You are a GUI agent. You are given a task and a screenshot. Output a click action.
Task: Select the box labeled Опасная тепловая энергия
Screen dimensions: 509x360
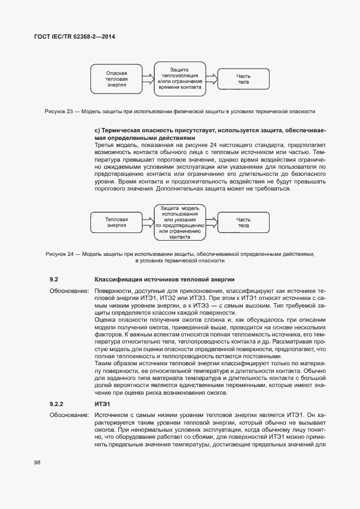[x=117, y=79]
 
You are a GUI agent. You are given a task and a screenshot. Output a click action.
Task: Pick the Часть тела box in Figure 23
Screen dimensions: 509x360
[x=243, y=79]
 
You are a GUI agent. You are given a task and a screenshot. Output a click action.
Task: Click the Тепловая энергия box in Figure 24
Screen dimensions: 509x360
[x=117, y=222]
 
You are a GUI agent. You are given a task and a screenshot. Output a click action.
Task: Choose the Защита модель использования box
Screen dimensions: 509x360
[x=179, y=222]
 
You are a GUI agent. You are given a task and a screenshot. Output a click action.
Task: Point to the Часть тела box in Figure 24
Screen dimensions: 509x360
[x=243, y=222]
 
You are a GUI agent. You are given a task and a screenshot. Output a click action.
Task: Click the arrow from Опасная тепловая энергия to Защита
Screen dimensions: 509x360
[x=148, y=79]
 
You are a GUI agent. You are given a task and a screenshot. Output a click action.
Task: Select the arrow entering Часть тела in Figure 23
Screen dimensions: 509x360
[x=211, y=79]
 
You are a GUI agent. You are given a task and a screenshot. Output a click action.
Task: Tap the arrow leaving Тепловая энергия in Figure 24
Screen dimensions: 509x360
[x=148, y=222]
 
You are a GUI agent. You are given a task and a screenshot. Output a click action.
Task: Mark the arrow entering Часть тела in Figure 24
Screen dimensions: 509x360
[x=211, y=222]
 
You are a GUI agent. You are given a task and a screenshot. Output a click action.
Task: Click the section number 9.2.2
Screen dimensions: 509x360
[x=57, y=404]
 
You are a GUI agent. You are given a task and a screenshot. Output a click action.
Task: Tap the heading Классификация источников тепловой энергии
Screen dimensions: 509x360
[x=164, y=279]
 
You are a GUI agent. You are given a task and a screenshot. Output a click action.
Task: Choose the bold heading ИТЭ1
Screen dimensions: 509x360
[x=102, y=404]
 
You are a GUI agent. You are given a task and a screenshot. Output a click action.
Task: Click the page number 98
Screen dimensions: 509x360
[x=37, y=463]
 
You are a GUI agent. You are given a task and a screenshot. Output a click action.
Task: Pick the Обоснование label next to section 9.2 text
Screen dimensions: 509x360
[x=69, y=292]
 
